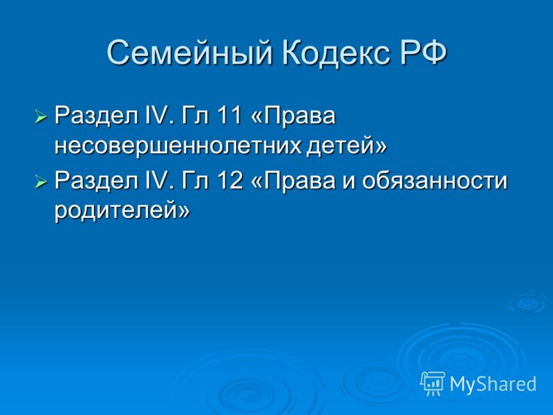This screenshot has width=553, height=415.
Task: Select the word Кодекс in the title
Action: (337, 53)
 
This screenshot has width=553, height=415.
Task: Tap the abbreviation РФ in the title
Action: (424, 53)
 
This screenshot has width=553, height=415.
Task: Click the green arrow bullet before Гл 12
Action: (41, 182)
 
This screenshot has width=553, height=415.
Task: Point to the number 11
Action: (229, 115)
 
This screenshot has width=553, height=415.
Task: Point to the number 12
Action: (230, 181)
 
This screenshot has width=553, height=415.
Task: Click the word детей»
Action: (346, 145)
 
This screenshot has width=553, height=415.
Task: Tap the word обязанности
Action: (435, 181)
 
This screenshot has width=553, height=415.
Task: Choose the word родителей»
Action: (122, 211)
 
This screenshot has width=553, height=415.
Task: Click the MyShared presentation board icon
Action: (433, 384)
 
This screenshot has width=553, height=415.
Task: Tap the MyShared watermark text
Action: (493, 384)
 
